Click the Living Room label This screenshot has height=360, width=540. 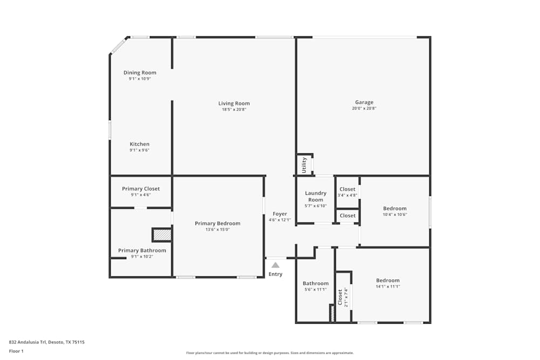[234, 104]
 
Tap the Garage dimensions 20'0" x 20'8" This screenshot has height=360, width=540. [364, 108]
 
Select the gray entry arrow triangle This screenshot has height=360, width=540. [275, 265]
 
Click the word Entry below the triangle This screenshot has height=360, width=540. [275, 274]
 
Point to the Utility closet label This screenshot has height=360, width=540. [304, 164]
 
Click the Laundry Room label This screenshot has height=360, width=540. [316, 196]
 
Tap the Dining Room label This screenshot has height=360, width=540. [140, 73]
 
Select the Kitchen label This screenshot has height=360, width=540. [139, 144]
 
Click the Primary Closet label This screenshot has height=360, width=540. [140, 189]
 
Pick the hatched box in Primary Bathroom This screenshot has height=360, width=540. [162, 235]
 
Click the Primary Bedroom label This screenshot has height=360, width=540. [218, 223]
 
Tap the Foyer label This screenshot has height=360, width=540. [280, 214]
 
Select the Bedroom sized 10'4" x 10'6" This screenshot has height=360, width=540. [395, 208]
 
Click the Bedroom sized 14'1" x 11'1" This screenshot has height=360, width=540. [388, 280]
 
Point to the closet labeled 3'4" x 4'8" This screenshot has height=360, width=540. [347, 189]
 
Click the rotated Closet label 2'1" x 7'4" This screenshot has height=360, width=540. [340, 297]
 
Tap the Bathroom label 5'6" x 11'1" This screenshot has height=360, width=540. [315, 283]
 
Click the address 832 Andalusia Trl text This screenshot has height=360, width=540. [46, 342]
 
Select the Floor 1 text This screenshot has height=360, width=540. [16, 351]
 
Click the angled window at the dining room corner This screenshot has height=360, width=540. [119, 45]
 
